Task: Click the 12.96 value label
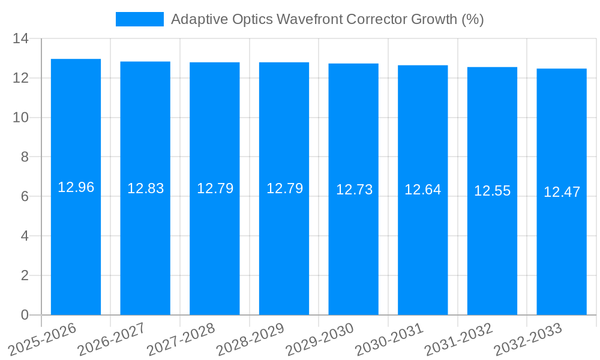76,187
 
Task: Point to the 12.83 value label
145,188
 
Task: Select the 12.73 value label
354,190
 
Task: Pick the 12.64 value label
422,190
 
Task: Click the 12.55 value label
492,191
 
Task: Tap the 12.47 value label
562,192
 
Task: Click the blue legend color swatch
139,19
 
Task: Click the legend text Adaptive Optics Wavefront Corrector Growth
327,19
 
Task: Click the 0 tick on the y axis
25,315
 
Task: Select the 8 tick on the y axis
25,157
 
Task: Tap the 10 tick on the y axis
21,118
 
